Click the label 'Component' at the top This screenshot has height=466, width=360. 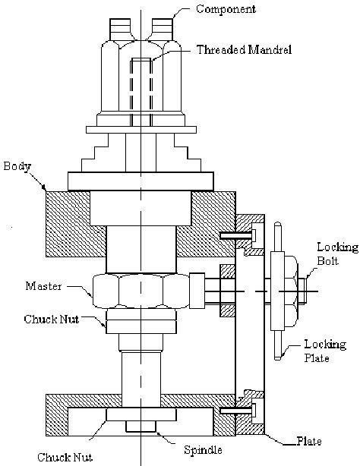point(226,8)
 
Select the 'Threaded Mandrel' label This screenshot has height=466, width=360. point(244,49)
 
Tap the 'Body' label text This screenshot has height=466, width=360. point(17,166)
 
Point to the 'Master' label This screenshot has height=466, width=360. point(43,286)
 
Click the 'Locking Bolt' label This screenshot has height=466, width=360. point(337,253)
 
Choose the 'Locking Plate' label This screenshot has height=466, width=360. point(325,351)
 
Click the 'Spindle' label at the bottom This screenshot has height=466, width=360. point(203,450)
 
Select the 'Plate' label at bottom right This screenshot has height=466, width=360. point(309,441)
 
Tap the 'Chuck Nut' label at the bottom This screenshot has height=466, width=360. point(65,457)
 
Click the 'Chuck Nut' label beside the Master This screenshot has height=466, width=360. point(52,320)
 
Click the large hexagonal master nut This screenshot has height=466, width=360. point(141,291)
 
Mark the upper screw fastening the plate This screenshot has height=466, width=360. point(238,235)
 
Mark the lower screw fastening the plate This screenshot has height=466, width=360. point(238,411)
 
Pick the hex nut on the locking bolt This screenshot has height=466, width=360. point(292,291)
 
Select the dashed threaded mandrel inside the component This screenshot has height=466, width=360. point(141,92)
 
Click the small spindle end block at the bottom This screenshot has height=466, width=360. point(141,427)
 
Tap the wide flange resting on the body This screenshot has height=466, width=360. point(141,181)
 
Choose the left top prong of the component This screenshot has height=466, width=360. point(120,29)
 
